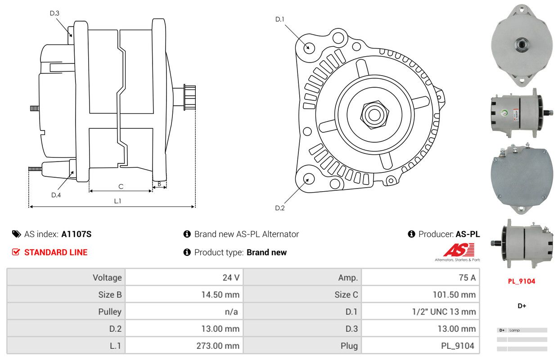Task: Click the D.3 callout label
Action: pyautogui.click(x=54, y=13)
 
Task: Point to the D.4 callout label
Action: pyautogui.click(x=56, y=195)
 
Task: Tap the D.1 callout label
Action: pyautogui.click(x=279, y=19)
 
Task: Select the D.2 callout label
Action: pyautogui.click(x=280, y=208)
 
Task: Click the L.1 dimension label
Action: pyautogui.click(x=117, y=201)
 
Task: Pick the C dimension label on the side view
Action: pyautogui.click(x=121, y=187)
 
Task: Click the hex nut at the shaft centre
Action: pyautogui.click(x=374, y=115)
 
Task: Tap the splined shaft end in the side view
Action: pyautogui.click(x=189, y=97)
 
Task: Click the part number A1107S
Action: pyautogui.click(x=76, y=234)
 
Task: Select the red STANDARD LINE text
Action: pyautogui.click(x=56, y=252)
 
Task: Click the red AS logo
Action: pyautogui.click(x=459, y=250)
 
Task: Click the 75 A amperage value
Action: pyautogui.click(x=467, y=278)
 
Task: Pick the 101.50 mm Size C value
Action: pyautogui.click(x=454, y=295)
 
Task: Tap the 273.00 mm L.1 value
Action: pyautogui.click(x=218, y=346)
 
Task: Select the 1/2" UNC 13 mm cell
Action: pyautogui.click(x=444, y=312)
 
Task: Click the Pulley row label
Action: pyautogui.click(x=110, y=312)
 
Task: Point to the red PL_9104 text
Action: pyautogui.click(x=522, y=281)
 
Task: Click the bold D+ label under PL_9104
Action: pyautogui.click(x=522, y=306)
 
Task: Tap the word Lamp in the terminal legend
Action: pyautogui.click(x=515, y=330)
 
